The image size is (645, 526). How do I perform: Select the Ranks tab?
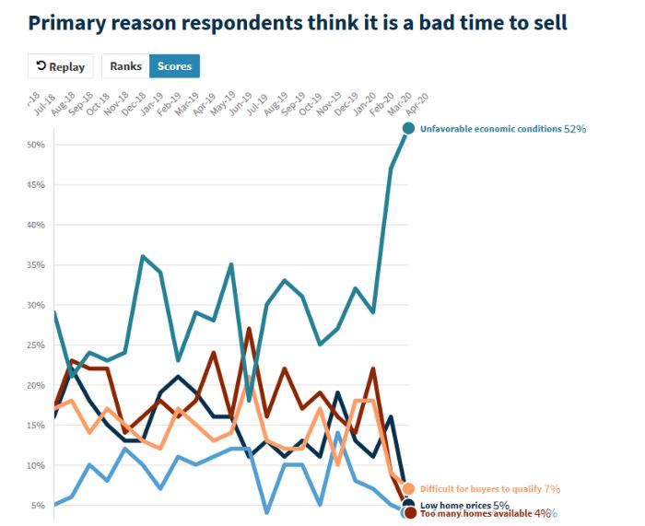[x=126, y=66]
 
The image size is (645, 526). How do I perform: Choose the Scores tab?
[x=174, y=66]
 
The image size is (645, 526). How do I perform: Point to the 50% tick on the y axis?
[x=37, y=145]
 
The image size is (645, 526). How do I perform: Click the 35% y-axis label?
[x=37, y=265]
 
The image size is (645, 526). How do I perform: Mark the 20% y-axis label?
[x=37, y=385]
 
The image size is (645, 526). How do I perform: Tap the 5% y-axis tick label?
[x=40, y=506]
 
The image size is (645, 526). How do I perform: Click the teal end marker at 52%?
[x=408, y=129]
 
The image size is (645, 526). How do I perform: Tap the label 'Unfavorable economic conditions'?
[x=490, y=129]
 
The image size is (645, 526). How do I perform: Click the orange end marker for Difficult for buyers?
[x=408, y=489]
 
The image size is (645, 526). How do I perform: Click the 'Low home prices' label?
[x=455, y=505]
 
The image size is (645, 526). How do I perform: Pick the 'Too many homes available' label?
[x=475, y=513]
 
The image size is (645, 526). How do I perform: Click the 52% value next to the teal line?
[x=575, y=129]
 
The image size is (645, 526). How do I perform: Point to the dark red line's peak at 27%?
[x=249, y=329]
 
